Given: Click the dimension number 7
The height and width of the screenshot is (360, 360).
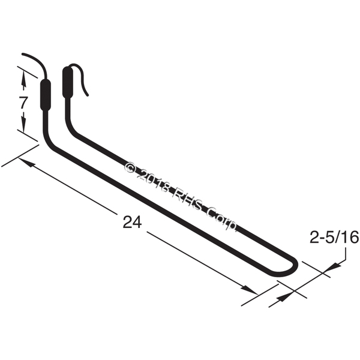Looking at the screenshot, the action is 23,102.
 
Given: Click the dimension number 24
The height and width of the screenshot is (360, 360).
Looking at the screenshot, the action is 132,222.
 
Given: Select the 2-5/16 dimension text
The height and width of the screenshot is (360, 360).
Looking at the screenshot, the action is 334,237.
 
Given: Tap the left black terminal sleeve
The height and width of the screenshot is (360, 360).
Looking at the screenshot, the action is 46,95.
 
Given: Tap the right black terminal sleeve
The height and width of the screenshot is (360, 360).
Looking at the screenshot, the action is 68,82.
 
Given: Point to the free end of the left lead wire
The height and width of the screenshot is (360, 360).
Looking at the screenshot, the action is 23,54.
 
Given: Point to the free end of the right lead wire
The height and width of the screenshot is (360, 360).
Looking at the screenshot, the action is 88,95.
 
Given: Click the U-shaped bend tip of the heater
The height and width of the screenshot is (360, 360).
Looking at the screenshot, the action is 296,267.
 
